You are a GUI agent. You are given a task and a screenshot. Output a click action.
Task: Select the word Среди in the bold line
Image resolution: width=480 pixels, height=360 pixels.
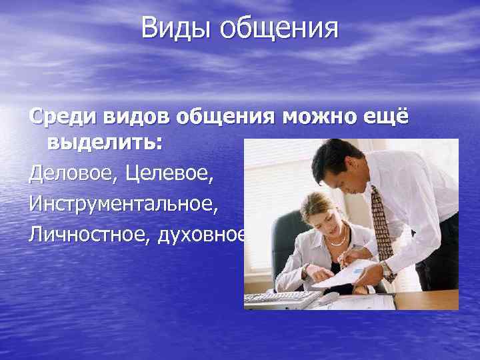point(61,117)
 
